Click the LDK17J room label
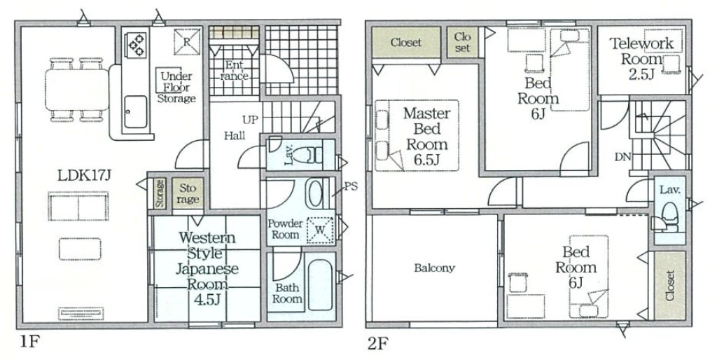(x=85, y=174)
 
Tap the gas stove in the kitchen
(x=137, y=45)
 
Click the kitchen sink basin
(x=136, y=111)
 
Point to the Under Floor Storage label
(x=176, y=87)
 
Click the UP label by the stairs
(x=250, y=120)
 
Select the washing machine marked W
(x=321, y=229)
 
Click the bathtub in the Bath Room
(x=320, y=284)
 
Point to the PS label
(x=351, y=186)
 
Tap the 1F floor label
(x=27, y=342)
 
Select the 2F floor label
(x=377, y=343)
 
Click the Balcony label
(x=434, y=268)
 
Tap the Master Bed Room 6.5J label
(x=426, y=136)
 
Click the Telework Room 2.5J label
(x=641, y=58)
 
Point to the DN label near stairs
(x=622, y=158)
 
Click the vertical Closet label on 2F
(x=670, y=286)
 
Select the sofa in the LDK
(x=78, y=207)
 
